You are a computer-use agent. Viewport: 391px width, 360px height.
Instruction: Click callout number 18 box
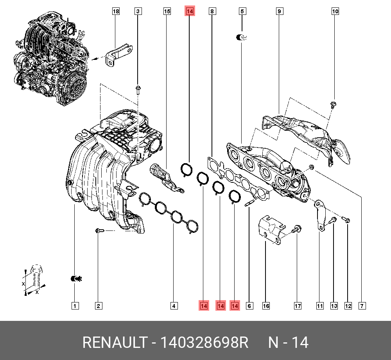(116, 12)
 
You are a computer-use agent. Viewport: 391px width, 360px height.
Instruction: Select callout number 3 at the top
(138, 12)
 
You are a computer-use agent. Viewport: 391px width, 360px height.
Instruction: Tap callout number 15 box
(167, 12)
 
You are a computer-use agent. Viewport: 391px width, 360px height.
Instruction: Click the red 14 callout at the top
(190, 12)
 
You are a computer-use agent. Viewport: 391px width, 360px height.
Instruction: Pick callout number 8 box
(212, 12)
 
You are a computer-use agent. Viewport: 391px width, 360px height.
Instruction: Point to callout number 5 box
(242, 12)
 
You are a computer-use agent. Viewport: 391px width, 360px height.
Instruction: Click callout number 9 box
(279, 12)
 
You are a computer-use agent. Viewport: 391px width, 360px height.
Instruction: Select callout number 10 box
(335, 12)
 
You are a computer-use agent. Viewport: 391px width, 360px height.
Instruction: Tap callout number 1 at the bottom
(75, 306)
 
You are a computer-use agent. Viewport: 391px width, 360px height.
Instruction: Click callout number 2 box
(98, 306)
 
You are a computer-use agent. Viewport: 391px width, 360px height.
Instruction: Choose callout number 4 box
(174, 306)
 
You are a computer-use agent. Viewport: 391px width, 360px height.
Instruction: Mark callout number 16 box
(266, 306)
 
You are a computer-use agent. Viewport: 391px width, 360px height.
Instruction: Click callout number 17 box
(297, 306)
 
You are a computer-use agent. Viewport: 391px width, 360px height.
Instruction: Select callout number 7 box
(362, 306)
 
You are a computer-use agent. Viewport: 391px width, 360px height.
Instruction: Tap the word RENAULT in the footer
(114, 342)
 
